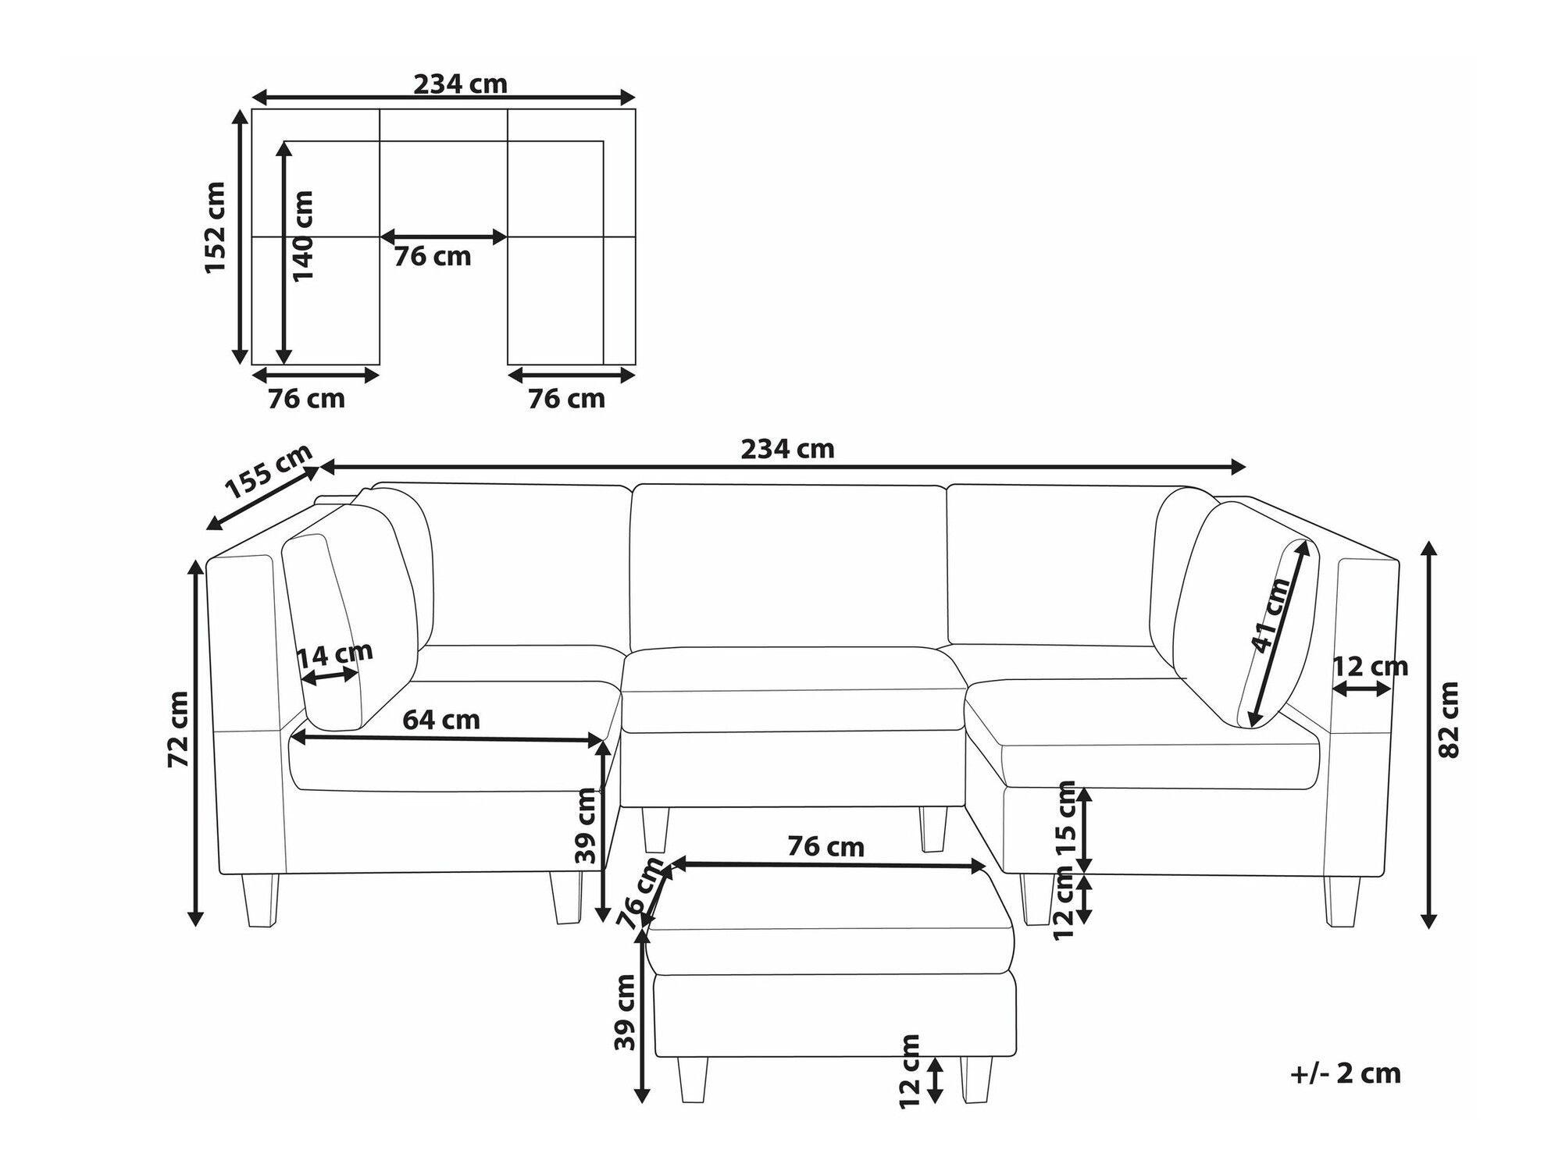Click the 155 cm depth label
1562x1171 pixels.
coord(269,471)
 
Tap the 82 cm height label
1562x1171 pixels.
coord(1448,720)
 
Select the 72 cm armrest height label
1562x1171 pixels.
coord(179,729)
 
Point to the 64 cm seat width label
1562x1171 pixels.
coord(441,719)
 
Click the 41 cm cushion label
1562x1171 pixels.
coord(1271,615)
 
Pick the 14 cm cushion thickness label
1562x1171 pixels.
coord(335,655)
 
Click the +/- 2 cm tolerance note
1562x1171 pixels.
coord(1346,1073)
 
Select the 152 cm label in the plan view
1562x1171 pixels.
coord(215,227)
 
